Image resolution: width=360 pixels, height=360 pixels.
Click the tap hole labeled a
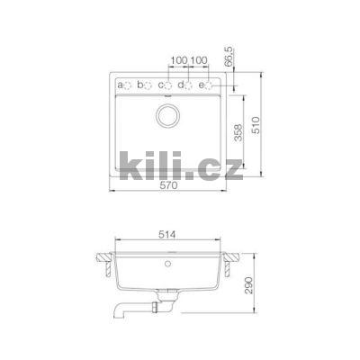[128, 85]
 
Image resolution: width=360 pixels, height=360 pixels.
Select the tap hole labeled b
[148, 85]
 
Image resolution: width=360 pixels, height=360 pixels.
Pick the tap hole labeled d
[189, 85]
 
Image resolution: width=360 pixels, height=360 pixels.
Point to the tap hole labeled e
[210, 85]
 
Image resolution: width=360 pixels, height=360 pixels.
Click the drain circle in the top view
[168, 115]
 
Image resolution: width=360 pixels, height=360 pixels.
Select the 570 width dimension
[168, 186]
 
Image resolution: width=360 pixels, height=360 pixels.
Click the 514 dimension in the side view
[168, 236]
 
